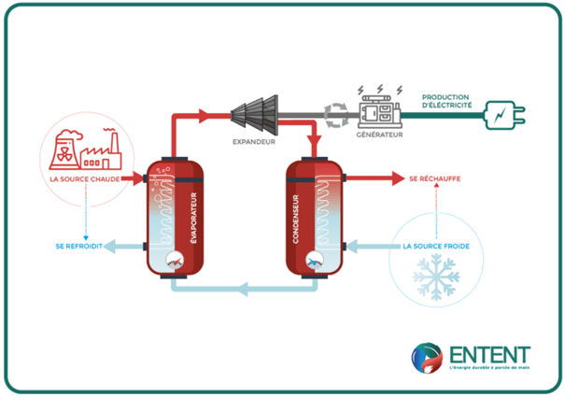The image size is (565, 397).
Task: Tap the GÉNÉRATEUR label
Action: (x=378, y=135)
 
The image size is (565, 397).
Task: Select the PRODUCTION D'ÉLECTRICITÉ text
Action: (x=446, y=101)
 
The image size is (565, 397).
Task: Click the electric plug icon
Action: (x=507, y=115)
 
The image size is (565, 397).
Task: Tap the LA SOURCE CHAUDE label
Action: (x=85, y=178)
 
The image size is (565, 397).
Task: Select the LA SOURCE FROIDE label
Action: (x=436, y=248)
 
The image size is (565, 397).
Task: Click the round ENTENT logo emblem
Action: (x=428, y=359)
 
